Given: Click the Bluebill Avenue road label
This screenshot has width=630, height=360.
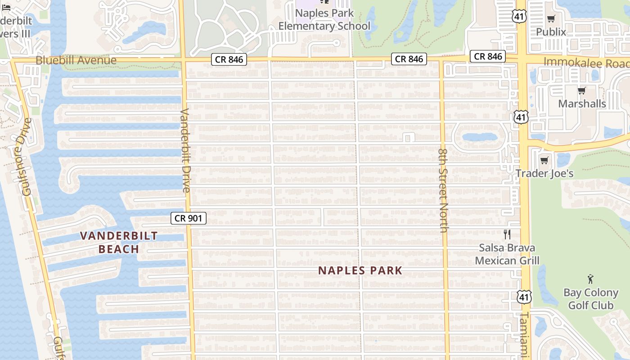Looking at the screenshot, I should point(76,60).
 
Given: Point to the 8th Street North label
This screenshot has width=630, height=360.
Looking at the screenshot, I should point(443,191).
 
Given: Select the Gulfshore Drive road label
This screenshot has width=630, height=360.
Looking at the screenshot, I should point(26,157).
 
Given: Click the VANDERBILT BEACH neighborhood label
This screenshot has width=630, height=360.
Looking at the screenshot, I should point(119,242).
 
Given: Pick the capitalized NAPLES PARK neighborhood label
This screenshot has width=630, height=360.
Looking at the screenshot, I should point(360,270).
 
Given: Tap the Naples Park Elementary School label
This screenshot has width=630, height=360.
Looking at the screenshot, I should point(324,20).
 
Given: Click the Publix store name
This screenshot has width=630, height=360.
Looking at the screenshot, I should point(551,32).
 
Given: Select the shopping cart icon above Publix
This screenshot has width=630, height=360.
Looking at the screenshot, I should point(551,18).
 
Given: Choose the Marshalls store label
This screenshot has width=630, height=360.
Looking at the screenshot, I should point(581,103).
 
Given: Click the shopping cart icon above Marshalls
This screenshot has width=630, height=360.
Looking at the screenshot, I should point(581,90).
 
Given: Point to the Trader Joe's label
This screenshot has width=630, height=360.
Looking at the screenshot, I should point(544,173).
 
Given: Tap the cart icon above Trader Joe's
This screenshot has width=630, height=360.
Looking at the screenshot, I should point(544,160).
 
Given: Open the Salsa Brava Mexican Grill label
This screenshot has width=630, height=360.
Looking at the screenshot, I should point(507,254).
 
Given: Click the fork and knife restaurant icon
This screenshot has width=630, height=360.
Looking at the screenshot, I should point(507,234).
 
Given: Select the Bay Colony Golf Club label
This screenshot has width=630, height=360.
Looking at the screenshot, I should point(590,299).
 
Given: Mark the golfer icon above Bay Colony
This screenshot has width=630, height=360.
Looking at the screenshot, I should point(590,279).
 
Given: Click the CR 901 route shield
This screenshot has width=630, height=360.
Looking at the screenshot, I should point(189,218).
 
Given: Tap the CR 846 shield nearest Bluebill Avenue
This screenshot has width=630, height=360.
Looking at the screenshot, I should point(229,59).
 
